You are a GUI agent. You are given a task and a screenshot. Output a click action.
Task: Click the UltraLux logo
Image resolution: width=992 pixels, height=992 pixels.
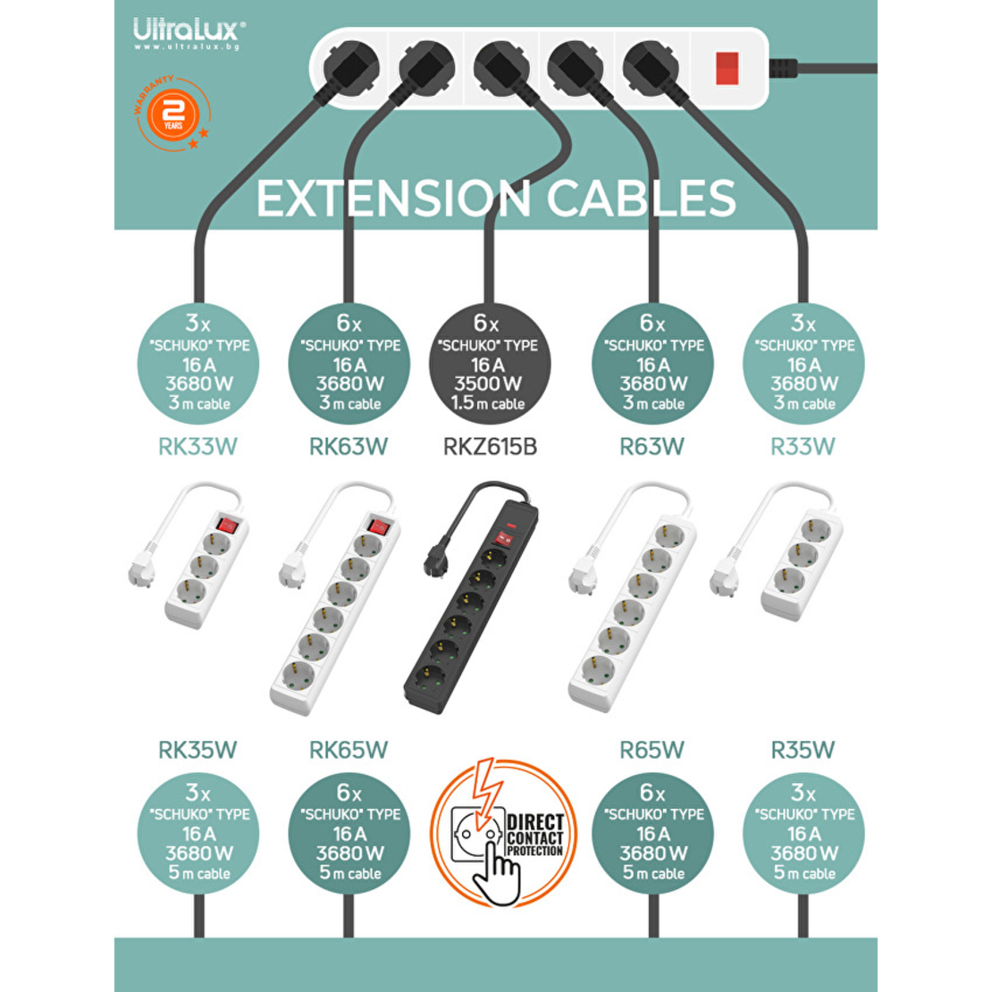189,34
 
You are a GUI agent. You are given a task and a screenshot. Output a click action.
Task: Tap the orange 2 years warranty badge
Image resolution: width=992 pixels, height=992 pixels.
172,114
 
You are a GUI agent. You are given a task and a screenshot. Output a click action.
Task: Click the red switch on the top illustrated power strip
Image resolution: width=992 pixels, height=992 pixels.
727,68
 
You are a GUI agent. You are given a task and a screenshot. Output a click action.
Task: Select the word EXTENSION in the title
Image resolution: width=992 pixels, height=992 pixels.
393,198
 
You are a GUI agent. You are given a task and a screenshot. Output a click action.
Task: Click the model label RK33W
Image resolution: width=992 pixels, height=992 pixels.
198,447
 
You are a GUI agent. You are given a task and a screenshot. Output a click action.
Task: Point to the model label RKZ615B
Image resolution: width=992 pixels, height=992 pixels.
490,447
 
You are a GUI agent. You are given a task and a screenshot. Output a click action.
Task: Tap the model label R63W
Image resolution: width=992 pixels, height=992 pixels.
652,447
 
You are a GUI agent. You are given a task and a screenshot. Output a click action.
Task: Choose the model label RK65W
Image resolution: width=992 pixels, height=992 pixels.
348,750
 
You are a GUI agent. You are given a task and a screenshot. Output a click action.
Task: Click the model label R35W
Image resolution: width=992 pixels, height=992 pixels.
803,750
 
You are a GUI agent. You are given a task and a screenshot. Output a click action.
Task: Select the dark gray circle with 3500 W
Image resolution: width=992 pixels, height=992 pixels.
489,365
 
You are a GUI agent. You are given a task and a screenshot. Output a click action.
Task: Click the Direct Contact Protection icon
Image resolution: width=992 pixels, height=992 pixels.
503,832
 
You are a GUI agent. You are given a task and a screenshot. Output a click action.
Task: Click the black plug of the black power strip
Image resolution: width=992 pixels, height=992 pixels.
437,559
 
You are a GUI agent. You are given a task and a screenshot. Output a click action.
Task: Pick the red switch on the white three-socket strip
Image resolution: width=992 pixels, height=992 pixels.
228,525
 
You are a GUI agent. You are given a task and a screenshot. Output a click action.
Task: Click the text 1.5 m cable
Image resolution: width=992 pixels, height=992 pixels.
488,403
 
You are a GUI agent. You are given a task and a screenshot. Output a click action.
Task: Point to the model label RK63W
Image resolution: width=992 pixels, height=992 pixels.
348,447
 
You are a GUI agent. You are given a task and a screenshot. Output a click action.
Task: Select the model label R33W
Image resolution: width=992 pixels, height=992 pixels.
803,447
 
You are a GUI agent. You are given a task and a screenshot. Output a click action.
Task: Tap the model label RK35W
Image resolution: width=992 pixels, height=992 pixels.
198,750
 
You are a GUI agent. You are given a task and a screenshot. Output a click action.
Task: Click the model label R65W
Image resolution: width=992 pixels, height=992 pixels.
652,750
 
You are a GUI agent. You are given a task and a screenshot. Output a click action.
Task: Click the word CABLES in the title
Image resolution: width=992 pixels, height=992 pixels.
641,198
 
